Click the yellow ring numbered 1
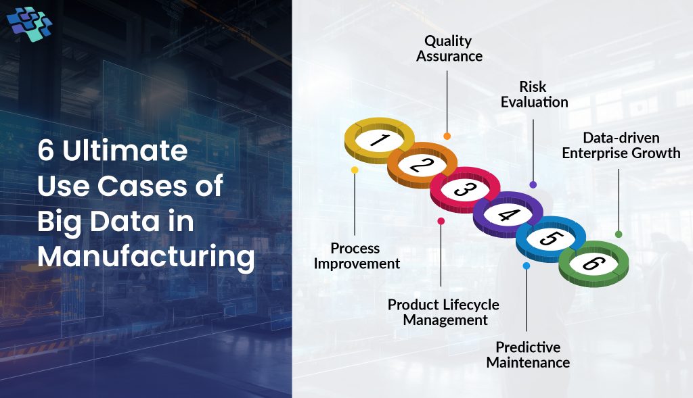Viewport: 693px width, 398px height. [380, 140]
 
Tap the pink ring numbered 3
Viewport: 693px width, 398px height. [465, 189]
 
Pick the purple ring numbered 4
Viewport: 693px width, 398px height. [508, 214]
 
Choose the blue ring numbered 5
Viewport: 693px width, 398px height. [550, 239]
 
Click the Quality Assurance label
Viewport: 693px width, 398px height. [449, 49]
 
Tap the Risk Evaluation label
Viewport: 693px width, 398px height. [533, 95]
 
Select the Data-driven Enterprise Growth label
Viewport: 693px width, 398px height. [621, 145]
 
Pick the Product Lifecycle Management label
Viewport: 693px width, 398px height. [443, 312]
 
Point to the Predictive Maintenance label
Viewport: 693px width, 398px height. [528, 355]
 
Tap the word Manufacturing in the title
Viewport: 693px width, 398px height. [146, 257]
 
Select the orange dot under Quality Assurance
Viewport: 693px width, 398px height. [447, 136]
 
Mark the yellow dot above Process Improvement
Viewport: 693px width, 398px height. [355, 170]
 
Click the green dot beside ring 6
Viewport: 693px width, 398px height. [619, 234]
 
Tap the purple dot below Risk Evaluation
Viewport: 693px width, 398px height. [533, 184]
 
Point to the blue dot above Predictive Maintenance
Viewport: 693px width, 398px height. [527, 266]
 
